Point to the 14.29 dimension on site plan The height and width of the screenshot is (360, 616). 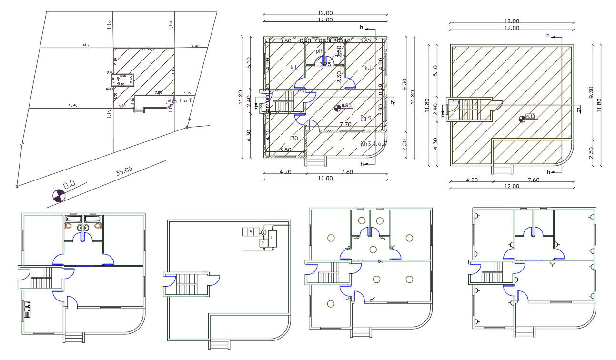[x=87, y=45]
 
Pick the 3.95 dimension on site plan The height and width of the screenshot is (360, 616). [x=187, y=93]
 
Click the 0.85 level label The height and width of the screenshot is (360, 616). [x=347, y=105]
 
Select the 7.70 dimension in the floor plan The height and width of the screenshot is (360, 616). [x=346, y=125]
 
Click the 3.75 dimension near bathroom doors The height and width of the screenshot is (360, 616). [x=325, y=64]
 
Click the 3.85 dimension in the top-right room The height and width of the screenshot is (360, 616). [x=365, y=41]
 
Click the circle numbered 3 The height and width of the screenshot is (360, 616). [x=263, y=232]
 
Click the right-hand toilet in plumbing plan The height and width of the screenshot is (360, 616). [x=98, y=227]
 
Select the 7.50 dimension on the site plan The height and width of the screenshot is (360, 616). [x=159, y=93]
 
